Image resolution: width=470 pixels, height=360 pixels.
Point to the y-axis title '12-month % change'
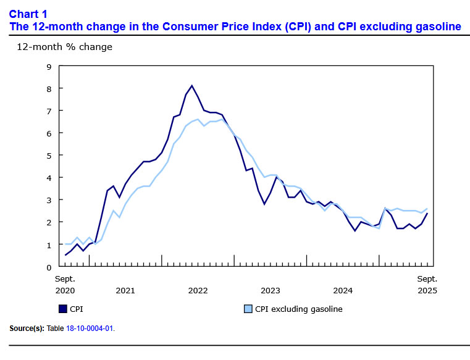click(x=64, y=47)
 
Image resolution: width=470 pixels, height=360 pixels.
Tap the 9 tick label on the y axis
click(x=49, y=66)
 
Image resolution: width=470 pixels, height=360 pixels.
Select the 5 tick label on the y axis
click(x=49, y=155)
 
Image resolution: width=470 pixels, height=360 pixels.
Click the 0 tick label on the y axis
click(x=49, y=267)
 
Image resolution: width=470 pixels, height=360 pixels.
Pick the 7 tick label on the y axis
click(x=49, y=111)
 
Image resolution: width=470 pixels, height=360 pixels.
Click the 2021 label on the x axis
click(x=125, y=290)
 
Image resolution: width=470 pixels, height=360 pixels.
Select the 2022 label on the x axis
click(x=198, y=290)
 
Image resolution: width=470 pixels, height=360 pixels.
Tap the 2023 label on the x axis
click(x=270, y=290)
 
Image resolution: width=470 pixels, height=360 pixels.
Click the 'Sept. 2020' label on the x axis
click(x=65, y=284)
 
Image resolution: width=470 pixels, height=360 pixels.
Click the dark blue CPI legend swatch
click(x=63, y=309)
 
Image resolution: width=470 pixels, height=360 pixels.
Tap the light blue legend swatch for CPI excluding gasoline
click(x=248, y=309)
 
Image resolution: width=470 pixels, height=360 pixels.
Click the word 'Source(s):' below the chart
click(x=27, y=329)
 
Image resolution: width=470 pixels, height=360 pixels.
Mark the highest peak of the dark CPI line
click(x=192, y=86)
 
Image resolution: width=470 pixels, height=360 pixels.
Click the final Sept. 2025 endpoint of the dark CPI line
click(x=427, y=214)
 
